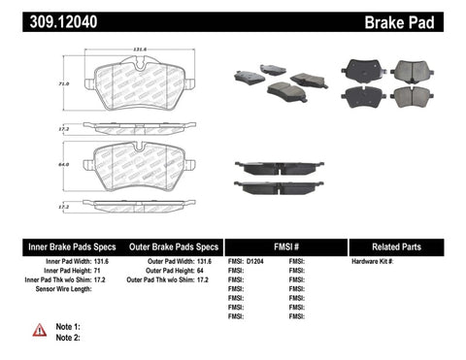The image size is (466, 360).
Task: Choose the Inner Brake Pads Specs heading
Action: point(60,247)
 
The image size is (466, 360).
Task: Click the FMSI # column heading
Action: point(284,247)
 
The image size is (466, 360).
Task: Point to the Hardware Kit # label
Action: point(372,262)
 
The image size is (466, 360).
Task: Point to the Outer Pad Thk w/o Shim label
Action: point(165,280)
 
